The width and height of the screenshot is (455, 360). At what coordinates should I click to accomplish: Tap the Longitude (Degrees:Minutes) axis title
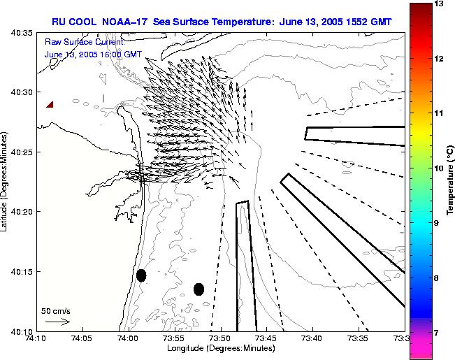[x=221, y=348]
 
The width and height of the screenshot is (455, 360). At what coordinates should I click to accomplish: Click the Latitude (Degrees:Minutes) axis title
[x=6, y=182]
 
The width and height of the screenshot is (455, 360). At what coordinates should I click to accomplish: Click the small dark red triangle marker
[x=50, y=105]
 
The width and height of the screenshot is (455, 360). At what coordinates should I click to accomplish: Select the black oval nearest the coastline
[x=141, y=275]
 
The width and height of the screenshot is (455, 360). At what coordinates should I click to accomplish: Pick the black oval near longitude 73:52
[x=198, y=289]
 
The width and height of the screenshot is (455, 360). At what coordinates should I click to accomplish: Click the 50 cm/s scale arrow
[x=57, y=322]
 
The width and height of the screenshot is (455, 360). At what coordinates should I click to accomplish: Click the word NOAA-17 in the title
[x=127, y=21]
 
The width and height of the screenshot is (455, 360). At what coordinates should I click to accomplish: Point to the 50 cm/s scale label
[x=55, y=310]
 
